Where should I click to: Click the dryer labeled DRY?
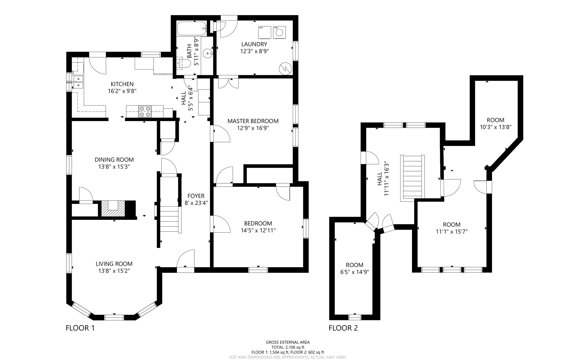[x=264, y=32]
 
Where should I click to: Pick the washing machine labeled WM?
[x=279, y=32]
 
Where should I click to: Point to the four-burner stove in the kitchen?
[x=145, y=111]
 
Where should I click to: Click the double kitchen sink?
[x=78, y=82]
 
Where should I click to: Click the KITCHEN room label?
[x=122, y=84]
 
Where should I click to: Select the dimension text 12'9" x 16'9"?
[x=253, y=128]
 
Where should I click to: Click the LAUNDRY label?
[x=254, y=44]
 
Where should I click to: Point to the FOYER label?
[x=196, y=196]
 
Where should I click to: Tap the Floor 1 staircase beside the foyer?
[x=170, y=219]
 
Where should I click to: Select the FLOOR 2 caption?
[x=343, y=328]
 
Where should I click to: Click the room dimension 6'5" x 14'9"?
[x=354, y=272]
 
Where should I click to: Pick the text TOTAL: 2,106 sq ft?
[x=288, y=347]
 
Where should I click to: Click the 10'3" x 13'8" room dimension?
[x=495, y=127]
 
